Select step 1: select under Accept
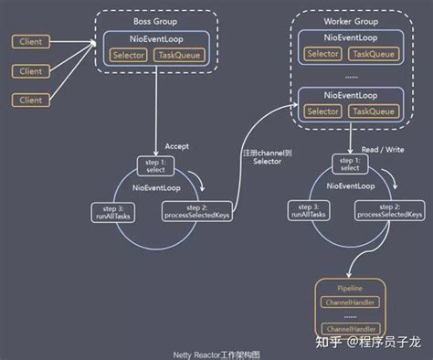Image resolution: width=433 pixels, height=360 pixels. tap(152, 165)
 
